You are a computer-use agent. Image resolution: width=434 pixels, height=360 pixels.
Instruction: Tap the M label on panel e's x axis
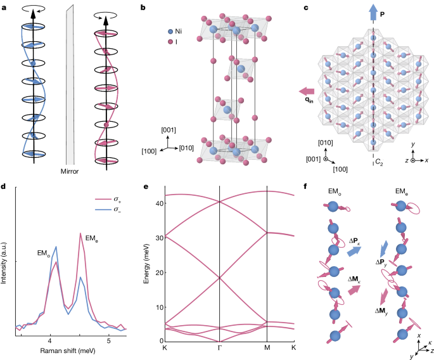267,349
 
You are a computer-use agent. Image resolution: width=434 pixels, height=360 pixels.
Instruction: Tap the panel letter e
146,187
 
